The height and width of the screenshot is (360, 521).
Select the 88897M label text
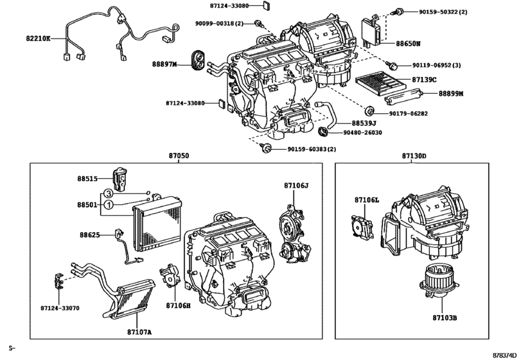pos(164,64)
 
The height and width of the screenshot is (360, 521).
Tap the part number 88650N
pos(408,44)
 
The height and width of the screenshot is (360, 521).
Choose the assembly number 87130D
pos(414,156)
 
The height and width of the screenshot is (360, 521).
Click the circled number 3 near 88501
pos(109,193)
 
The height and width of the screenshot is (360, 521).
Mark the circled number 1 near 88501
pos(109,204)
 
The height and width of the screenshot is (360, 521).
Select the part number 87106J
pos(296,186)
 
